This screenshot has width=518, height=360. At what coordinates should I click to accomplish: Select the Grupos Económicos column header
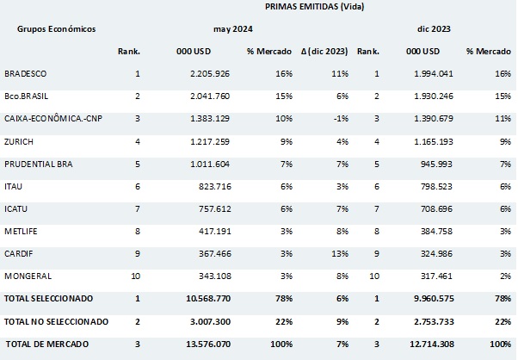pos(56,28)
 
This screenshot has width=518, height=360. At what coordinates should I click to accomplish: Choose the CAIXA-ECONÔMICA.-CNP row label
pos(52,120)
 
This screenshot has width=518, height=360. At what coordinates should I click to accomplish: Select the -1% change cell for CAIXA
pos(339,120)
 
